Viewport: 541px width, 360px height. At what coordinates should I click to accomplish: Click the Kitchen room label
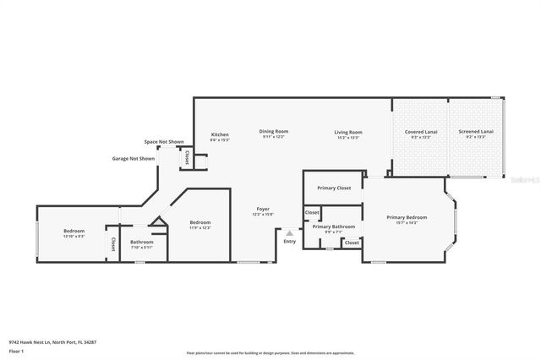pos(220,135)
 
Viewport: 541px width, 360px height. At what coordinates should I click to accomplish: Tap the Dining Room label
pos(274,131)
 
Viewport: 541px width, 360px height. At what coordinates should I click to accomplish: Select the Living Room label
pos(348,132)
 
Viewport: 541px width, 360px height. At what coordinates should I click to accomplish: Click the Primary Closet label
pos(334,188)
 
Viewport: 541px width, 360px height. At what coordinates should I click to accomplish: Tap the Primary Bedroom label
pos(407,217)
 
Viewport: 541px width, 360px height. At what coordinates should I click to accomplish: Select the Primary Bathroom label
pos(333,226)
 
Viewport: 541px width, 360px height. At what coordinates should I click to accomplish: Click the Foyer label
pos(264,209)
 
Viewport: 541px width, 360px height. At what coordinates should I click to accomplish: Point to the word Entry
pos(290,242)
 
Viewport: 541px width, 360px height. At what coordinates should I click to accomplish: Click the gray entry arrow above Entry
pos(290,232)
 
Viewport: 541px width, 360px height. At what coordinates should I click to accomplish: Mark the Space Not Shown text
pos(164,142)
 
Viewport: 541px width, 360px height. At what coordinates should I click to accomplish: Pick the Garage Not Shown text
pos(134,158)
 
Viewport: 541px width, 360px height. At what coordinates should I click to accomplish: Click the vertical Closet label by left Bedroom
pos(112,243)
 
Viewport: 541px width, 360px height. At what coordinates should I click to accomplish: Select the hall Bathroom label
pos(141,243)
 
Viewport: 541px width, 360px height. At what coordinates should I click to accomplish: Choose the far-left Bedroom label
pos(74,231)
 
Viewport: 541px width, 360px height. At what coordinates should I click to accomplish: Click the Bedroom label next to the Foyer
pos(199,222)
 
